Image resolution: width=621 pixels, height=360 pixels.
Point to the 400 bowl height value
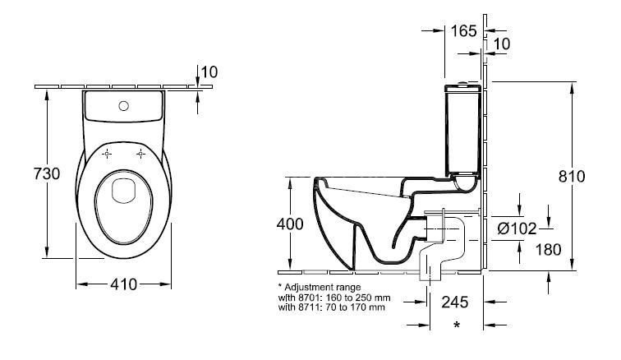coord(290,224)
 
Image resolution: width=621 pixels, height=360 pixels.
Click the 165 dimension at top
coord(464,31)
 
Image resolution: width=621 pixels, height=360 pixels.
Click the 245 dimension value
coord(456,301)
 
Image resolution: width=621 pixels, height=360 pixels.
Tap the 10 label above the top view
coord(209,72)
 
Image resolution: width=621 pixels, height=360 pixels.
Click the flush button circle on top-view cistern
coord(123,105)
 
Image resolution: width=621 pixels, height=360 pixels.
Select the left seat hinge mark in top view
coord(107,153)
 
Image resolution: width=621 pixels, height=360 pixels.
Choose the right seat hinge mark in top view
coord(141,153)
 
